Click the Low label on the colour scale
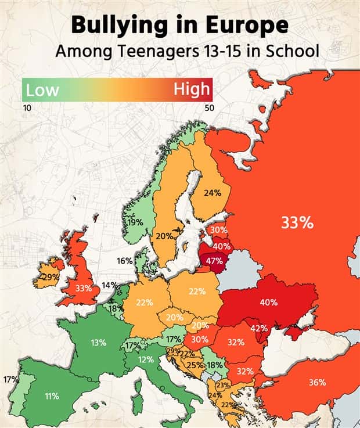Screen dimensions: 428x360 pos(42,89)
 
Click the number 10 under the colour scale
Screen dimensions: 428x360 pos(27,107)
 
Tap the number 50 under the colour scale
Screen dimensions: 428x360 pos(209,107)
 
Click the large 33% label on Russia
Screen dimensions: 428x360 pos(297,222)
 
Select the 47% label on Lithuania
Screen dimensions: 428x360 pos(214,261)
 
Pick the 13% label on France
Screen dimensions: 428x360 pos(98,343)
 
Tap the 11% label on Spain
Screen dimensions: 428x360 pos(51,396)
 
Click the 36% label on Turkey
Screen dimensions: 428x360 pos(317,382)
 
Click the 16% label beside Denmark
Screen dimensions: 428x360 pos(124,261)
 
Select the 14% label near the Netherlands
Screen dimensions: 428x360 pos(109,285)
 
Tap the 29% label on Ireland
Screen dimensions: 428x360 pos(51,278)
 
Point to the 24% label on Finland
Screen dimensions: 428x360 pos(213,193)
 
